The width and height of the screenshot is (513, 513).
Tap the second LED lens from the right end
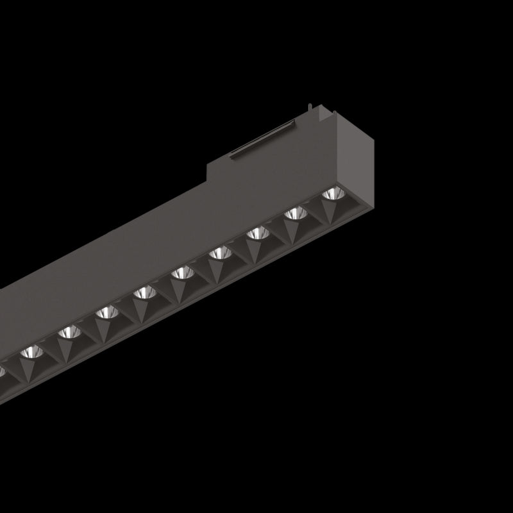(294, 214)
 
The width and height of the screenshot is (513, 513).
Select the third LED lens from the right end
(258, 233)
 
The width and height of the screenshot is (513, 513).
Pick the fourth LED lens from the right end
(220, 253)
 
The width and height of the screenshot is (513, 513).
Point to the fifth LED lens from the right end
(183, 274)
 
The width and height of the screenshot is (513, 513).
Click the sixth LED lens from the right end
(144, 294)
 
